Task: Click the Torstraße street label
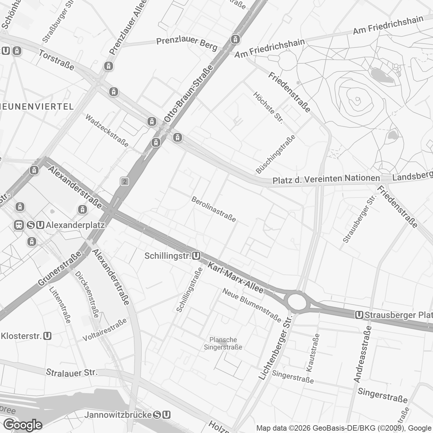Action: point(56,60)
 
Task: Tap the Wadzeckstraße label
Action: point(107,130)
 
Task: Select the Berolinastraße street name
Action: point(214,209)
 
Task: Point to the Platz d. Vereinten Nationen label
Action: point(326,180)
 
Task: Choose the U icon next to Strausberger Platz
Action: point(359,315)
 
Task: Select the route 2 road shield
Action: point(125,182)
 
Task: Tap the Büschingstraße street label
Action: point(275,154)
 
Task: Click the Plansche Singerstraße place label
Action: point(223,343)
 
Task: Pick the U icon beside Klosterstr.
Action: point(48,336)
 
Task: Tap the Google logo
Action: point(23,425)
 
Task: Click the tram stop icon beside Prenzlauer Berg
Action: point(235,39)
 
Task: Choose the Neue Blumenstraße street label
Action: point(252,305)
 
